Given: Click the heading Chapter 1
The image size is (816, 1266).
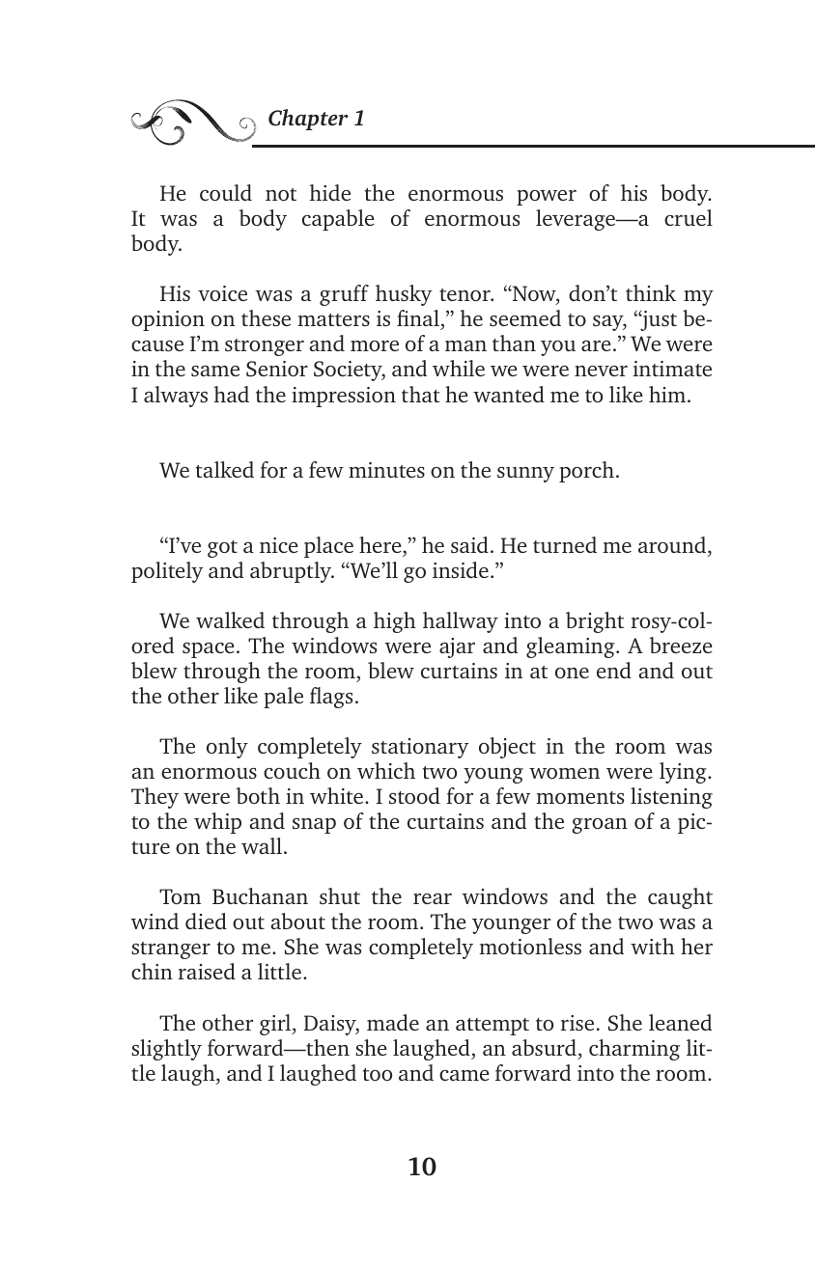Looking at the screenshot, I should coord(316,119).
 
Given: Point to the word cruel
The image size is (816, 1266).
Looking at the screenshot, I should coord(687,219).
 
